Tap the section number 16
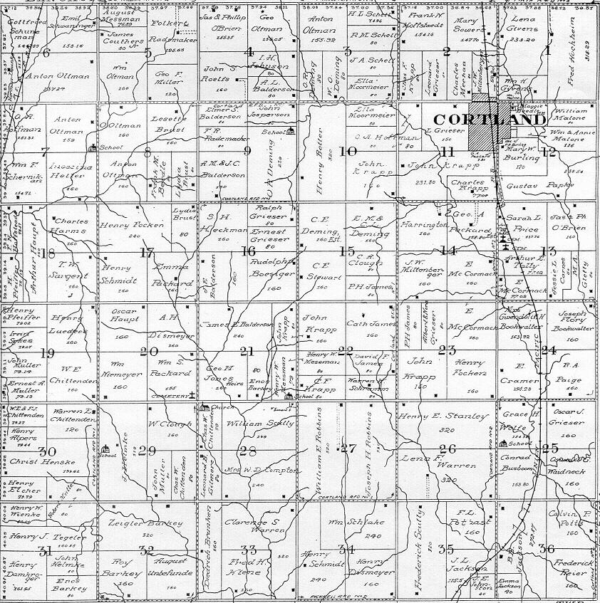[x=248, y=251]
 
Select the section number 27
[x=348, y=449]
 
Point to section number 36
[x=547, y=548]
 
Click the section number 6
[x=47, y=52]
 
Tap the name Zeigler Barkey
[x=143, y=523]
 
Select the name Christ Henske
[x=43, y=461]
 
